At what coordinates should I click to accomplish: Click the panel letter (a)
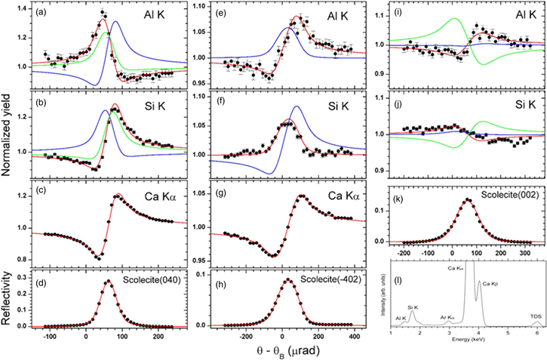point(35,13)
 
